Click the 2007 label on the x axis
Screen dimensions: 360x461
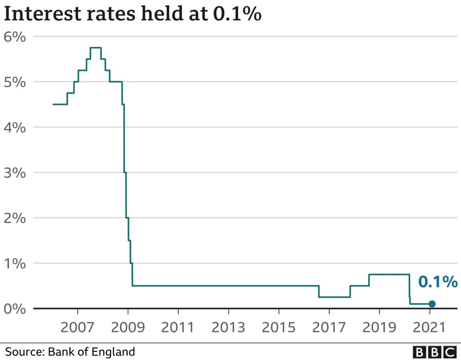point(77,327)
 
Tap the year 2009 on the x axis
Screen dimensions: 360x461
point(128,327)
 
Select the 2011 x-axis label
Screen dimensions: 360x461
point(178,327)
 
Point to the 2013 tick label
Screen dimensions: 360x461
point(229,327)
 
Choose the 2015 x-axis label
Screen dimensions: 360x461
point(279,327)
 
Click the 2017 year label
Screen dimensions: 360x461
point(329,327)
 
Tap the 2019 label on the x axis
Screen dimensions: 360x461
point(380,327)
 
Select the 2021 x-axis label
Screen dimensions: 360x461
point(430,327)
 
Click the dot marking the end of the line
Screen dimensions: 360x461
point(432,304)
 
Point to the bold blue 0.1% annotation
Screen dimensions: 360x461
point(437,283)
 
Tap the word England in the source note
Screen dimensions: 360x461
point(116,352)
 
